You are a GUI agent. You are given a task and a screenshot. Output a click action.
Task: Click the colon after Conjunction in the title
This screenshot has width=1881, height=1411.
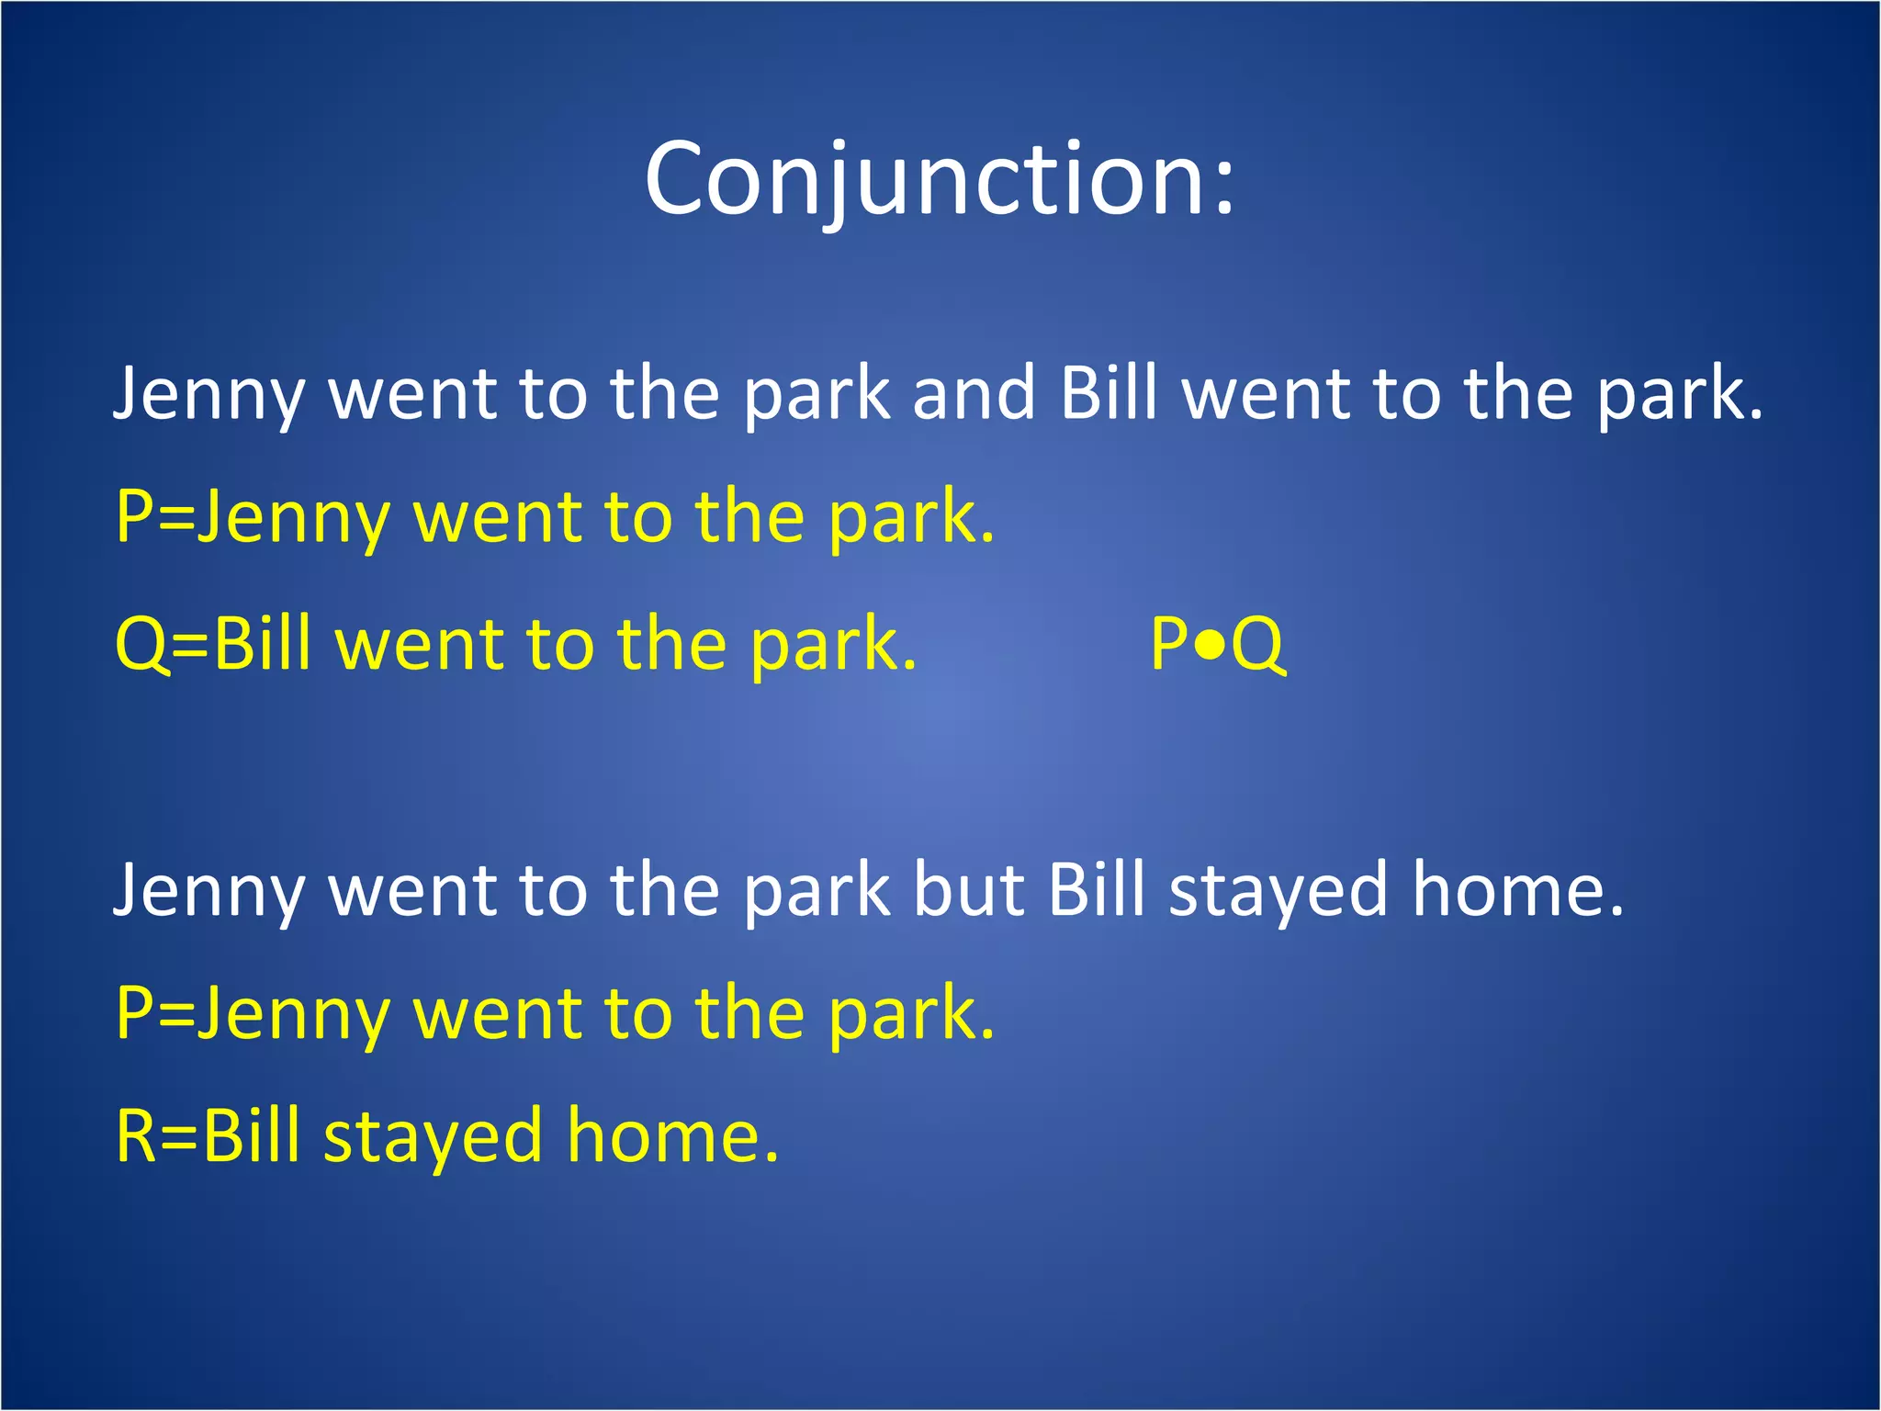pyautogui.click(x=1223, y=188)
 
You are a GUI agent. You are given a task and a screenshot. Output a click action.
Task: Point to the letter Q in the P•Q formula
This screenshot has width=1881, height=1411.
pyautogui.click(x=1257, y=645)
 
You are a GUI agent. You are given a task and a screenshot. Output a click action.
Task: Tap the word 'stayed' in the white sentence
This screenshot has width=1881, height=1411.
pyautogui.click(x=1278, y=891)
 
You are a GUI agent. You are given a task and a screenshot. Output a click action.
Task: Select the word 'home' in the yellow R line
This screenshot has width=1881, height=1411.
pyautogui.click(x=671, y=1135)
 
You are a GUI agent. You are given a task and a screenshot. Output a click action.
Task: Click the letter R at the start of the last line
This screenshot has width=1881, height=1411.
pyautogui.click(x=136, y=1135)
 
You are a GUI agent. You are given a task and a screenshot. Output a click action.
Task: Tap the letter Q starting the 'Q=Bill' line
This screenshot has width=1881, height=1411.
pyautogui.click(x=140, y=645)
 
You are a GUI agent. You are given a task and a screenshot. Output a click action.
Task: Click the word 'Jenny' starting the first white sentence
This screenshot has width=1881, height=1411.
pyautogui.click(x=208, y=395)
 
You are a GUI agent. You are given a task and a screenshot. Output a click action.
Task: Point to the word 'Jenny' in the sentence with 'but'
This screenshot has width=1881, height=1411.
pyautogui.click(x=208, y=891)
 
